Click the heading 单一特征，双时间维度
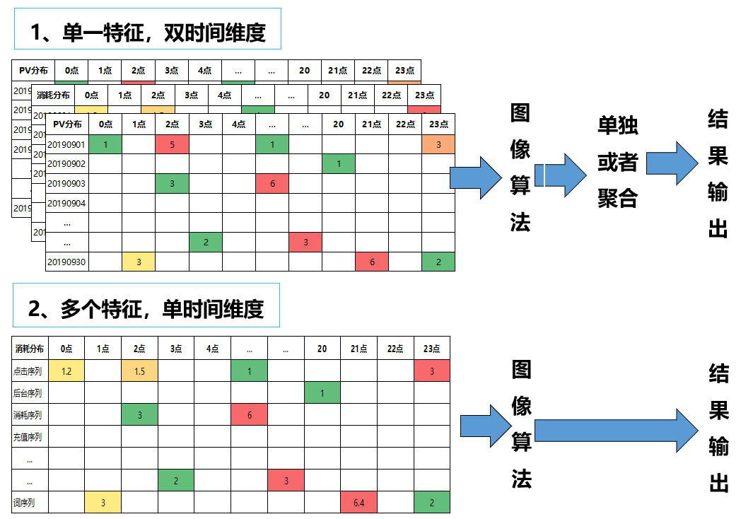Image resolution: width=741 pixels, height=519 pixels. (x=148, y=32)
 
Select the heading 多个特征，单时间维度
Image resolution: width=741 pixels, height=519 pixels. (x=146, y=308)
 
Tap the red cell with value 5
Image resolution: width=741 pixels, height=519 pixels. (x=172, y=144)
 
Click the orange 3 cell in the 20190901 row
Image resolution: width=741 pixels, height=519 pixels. (x=438, y=144)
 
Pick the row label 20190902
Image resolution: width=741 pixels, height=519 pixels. (x=66, y=164)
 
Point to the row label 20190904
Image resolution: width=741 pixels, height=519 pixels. (x=66, y=204)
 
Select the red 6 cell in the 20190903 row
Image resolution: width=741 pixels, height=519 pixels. (x=272, y=184)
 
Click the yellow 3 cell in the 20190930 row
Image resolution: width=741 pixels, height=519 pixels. (x=139, y=262)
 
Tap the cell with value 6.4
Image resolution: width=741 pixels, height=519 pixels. (x=358, y=503)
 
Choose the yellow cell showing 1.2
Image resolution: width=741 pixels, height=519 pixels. (x=66, y=371)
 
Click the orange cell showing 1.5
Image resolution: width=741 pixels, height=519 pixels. (x=139, y=371)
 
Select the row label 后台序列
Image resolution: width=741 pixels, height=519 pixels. (x=28, y=393)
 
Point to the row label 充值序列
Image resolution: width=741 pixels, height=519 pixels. (x=28, y=437)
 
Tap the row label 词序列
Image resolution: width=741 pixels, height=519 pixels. (x=25, y=503)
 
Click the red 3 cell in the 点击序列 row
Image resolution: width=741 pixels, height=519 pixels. (x=432, y=371)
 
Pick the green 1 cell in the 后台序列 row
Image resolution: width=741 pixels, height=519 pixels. (x=322, y=393)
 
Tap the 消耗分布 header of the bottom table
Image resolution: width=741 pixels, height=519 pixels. (x=29, y=349)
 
